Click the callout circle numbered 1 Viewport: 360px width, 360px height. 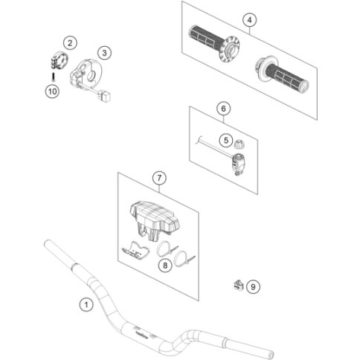click(86, 304)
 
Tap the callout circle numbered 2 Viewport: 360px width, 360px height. click(70, 43)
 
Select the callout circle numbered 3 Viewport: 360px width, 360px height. click(104, 53)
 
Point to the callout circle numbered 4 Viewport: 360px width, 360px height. click(249, 20)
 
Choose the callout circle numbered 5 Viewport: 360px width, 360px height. click(226, 141)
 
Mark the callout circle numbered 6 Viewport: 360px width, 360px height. click(223, 109)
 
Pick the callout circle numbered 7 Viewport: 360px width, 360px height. click(159, 178)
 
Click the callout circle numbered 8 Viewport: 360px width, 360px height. click(165, 266)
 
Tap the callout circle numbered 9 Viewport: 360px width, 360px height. click(253, 287)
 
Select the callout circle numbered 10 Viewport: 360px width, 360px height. click(52, 91)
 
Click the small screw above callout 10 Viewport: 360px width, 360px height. click(53, 77)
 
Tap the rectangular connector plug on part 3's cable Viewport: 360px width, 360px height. click(104, 96)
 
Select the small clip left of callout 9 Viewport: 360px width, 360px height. click(238, 285)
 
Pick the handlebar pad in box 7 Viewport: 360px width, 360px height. click(154, 218)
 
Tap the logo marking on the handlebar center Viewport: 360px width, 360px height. click(141, 335)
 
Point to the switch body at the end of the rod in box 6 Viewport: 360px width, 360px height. click(238, 164)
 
